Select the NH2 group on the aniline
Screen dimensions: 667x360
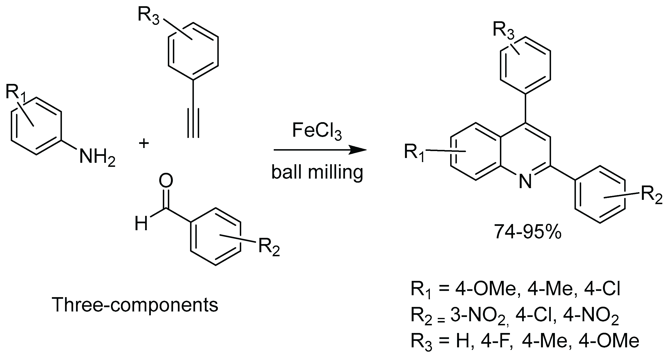[97, 157]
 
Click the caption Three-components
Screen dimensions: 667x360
[135, 305]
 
